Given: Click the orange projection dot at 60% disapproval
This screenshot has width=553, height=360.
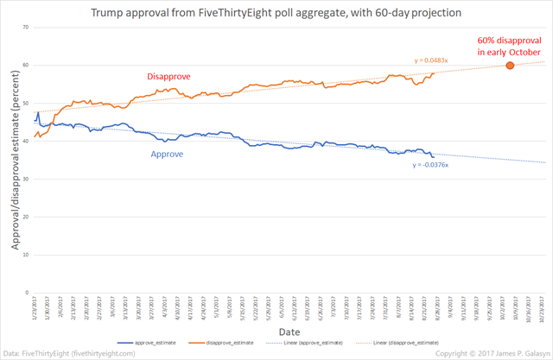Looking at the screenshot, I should coord(510,66).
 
